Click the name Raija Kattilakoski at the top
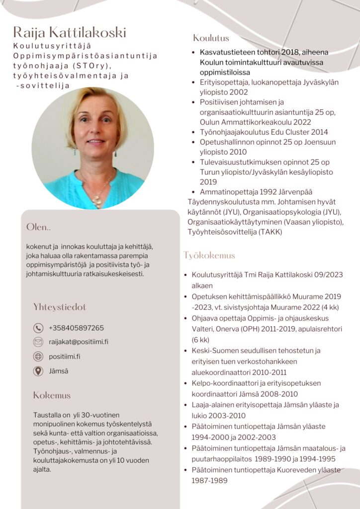70,33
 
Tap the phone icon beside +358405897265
38,328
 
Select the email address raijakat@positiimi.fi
79,342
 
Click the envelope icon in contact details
38,342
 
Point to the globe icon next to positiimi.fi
38,356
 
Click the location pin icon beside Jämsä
38,371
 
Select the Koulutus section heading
211,38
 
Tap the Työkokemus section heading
209,255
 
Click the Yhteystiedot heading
60,307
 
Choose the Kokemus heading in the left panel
52,396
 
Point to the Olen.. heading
39,227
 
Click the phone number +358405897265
76,328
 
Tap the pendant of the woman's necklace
98,201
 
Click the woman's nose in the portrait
95,130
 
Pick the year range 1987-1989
210,481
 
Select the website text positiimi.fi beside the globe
65,356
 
